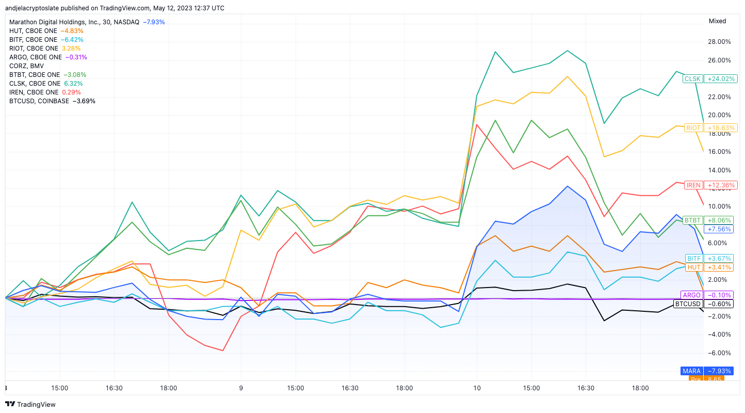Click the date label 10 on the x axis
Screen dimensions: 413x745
[477, 388]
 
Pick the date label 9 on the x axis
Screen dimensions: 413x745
[241, 388]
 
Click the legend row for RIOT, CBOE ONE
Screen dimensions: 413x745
[45, 49]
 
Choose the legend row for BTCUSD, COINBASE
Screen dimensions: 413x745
[52, 101]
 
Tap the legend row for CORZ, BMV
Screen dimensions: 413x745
[26, 66]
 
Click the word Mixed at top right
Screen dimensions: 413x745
[717, 21]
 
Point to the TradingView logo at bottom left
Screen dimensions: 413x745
[30, 404]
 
